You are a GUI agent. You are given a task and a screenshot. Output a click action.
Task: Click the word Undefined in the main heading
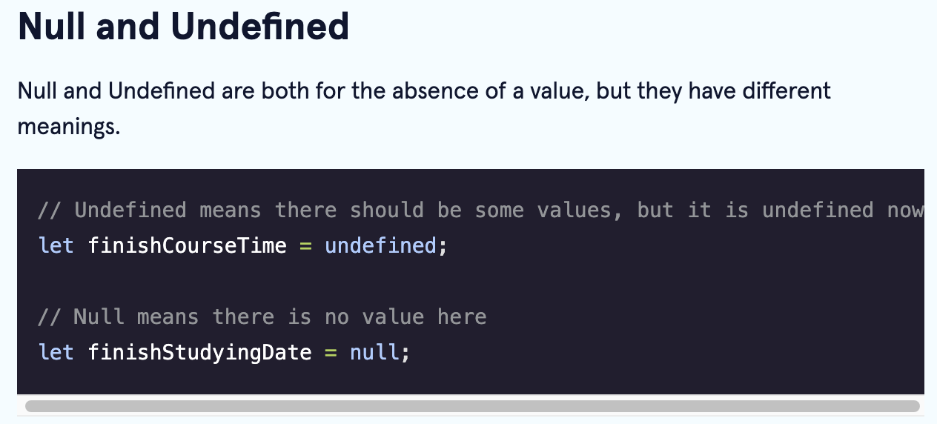[x=259, y=27]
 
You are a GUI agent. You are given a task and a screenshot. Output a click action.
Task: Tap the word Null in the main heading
[x=51, y=27]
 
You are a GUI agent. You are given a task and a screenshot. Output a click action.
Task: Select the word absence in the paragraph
[x=435, y=90]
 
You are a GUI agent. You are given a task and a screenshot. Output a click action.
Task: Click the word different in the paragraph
[x=787, y=90]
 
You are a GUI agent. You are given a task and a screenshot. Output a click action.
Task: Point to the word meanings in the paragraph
[x=69, y=126]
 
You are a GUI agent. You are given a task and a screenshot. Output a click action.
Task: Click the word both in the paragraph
[x=285, y=90]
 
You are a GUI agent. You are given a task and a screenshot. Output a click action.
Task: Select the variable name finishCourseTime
[x=188, y=245]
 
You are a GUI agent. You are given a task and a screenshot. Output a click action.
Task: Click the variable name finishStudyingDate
[x=200, y=353]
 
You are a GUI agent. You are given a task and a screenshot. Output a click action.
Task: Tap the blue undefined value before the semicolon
[x=381, y=245]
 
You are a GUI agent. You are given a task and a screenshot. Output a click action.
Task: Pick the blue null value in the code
[x=374, y=352]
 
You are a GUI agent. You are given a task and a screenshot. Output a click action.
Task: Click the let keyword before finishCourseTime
[x=56, y=245]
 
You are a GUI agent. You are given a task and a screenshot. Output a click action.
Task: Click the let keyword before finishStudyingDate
[x=56, y=352]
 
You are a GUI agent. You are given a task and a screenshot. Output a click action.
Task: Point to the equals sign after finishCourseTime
[x=305, y=246]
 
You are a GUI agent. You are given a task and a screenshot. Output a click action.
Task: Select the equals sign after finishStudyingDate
[x=331, y=353]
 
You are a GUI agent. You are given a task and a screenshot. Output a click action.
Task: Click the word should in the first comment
[x=387, y=210]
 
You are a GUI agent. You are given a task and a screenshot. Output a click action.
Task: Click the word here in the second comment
[x=463, y=317]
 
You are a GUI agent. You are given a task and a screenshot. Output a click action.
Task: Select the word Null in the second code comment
[x=99, y=317]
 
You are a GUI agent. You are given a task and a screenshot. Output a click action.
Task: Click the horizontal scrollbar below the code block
[x=472, y=406]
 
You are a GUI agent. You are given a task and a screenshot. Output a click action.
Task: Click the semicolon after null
[x=405, y=354]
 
